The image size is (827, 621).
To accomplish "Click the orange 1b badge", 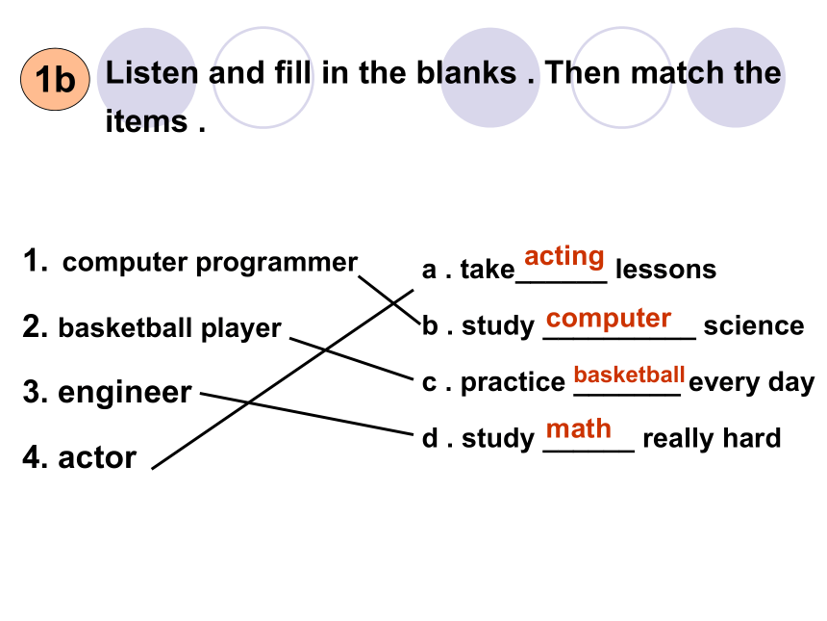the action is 55,79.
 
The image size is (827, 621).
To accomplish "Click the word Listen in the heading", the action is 151,72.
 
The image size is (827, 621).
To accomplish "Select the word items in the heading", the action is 146,121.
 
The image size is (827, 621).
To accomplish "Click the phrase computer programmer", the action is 210,263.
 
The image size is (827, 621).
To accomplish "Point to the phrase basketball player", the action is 169,328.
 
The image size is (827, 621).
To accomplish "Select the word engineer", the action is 124,393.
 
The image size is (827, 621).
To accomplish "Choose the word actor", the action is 97,457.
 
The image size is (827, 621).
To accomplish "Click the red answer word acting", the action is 564,257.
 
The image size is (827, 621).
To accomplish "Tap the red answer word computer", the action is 609,319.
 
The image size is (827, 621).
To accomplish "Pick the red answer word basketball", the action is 629,375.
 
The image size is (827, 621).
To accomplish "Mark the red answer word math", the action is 579,428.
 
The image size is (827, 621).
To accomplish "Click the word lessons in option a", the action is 665,270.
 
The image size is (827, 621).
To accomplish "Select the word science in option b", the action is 754,325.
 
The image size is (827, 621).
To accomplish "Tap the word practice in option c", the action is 513,382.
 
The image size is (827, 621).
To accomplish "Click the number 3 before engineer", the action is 34,393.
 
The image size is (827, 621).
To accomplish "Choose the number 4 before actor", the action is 34,457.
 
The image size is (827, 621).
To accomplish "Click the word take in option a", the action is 488,270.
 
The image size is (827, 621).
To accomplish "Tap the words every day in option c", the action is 752,383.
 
